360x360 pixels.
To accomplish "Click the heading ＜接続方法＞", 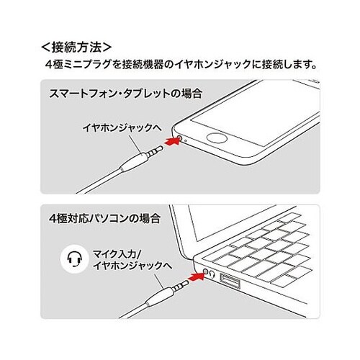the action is coord(76,48).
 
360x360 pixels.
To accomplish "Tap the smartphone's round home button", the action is coord(217,139).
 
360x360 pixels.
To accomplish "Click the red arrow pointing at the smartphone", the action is coord(172,140).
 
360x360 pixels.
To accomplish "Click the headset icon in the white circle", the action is coord(75,259).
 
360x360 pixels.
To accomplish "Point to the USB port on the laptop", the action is coord(230,281).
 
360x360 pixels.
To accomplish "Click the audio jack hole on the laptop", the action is coord(205,271).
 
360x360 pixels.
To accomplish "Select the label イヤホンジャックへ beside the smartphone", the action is coord(122,127).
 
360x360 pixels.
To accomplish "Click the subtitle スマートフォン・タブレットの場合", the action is coord(125,94).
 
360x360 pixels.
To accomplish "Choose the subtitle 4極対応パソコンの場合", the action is coord(104,218).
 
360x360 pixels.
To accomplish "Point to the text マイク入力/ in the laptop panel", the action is coord(118,253).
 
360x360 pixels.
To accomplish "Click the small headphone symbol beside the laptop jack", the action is coord(212,274).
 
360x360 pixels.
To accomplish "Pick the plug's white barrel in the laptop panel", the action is coord(159,297).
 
